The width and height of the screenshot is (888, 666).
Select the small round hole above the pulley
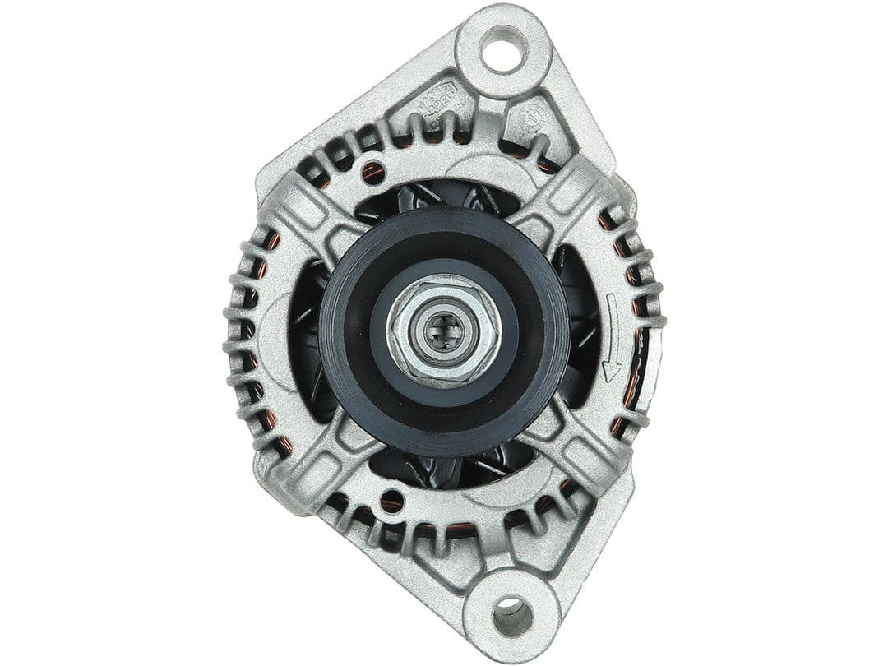coord(373,172)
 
